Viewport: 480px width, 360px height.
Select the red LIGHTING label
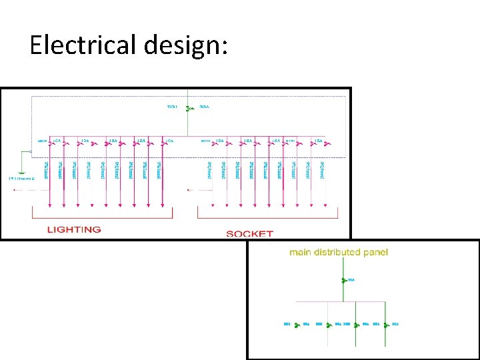74,229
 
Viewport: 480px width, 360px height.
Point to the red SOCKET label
250,233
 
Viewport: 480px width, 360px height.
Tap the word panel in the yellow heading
375,252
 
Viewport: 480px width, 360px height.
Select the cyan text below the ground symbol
21,179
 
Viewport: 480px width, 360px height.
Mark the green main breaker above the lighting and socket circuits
187,107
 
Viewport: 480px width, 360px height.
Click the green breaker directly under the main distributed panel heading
343,280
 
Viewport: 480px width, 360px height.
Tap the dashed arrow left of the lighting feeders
23,189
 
